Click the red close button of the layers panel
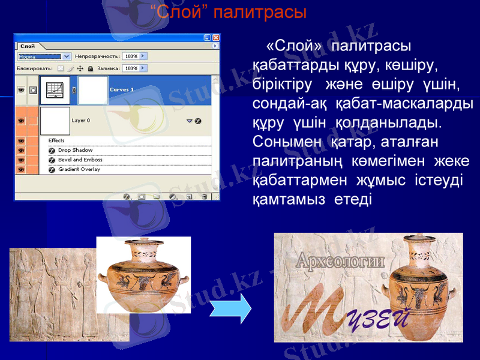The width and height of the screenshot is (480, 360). click(216, 37)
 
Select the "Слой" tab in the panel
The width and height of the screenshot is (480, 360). click(28, 46)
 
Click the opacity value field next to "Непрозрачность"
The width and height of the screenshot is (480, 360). click(131, 56)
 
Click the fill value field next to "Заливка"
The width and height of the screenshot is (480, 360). click(131, 68)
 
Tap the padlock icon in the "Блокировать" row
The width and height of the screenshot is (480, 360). click(91, 69)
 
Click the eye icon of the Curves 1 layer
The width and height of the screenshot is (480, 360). click(21, 90)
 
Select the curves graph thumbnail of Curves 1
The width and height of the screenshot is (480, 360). click(55, 90)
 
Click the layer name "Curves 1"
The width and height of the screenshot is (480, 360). click(122, 90)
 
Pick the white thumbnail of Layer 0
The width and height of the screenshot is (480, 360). click(55, 121)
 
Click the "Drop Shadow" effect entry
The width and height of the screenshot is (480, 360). click(75, 150)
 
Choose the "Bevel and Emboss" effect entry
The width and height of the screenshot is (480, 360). click(80, 160)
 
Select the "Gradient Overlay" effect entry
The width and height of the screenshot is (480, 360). click(79, 169)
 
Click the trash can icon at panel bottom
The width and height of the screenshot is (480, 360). click(205, 196)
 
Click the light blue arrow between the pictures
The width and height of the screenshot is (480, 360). click(232, 308)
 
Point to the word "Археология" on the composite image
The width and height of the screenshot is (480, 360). click(340, 262)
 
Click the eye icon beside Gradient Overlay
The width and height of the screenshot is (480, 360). click(21, 170)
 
